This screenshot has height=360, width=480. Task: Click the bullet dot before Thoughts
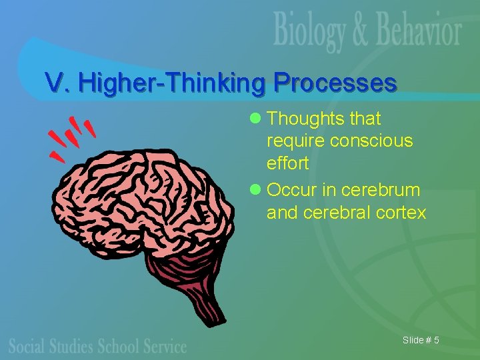click(254, 119)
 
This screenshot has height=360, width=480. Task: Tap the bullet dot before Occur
click(254, 190)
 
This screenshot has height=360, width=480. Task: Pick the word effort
click(287, 163)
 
